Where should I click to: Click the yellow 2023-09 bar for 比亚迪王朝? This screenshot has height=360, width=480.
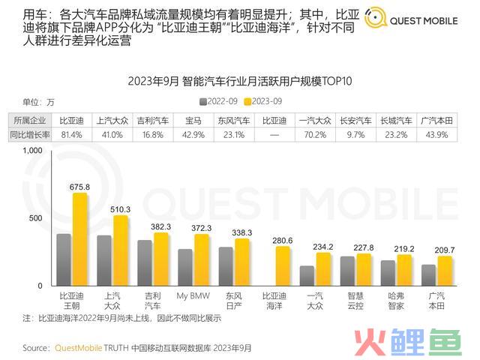[79, 239]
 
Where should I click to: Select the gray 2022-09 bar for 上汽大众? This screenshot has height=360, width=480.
[104, 260]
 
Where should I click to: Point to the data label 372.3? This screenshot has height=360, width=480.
[201, 228]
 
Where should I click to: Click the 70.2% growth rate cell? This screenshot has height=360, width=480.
[313, 134]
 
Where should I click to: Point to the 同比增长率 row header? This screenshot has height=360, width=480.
[29, 134]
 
